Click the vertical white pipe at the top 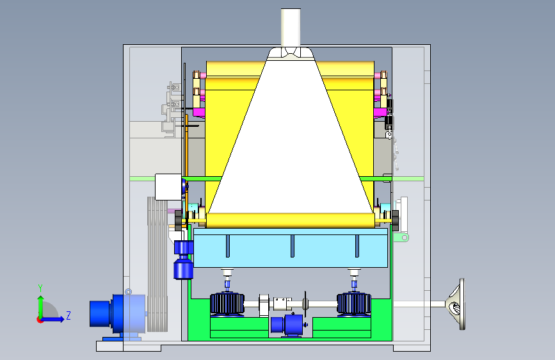tap(291, 28)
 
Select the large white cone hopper tap(290, 142)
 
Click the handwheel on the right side tap(456, 304)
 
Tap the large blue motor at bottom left tap(117, 314)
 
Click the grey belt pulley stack tap(157, 264)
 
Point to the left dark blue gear tap(227, 304)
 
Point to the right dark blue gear tap(353, 304)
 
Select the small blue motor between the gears tap(287, 325)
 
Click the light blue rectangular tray tap(291, 248)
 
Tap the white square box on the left tap(168, 187)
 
